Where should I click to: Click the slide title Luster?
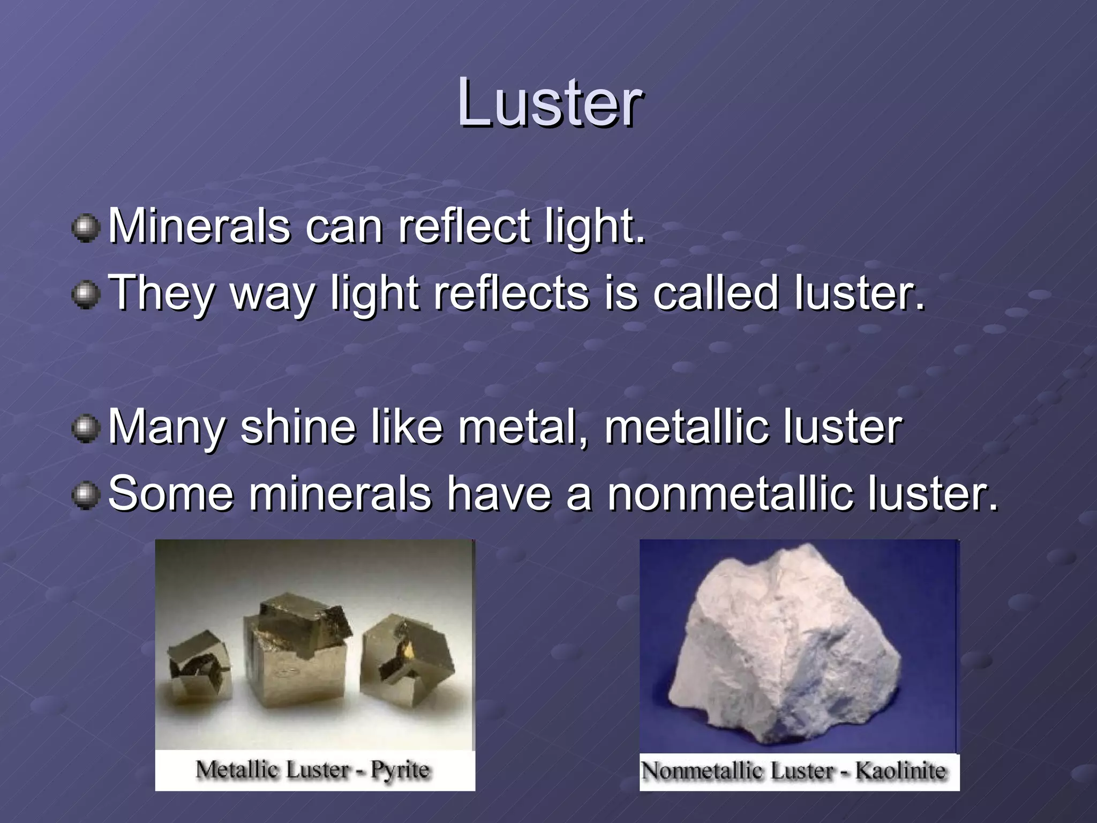pyautogui.click(x=550, y=103)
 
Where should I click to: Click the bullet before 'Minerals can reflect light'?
pyautogui.click(x=86, y=229)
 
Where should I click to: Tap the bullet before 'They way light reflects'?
pyautogui.click(x=86, y=296)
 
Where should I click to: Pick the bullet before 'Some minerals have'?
pyautogui.click(x=86, y=496)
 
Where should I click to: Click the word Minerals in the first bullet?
pyautogui.click(x=199, y=226)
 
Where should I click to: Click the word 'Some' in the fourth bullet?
pyautogui.click(x=171, y=493)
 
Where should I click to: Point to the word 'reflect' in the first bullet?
pyautogui.click(x=464, y=226)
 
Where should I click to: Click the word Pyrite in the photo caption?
pyautogui.click(x=400, y=770)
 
